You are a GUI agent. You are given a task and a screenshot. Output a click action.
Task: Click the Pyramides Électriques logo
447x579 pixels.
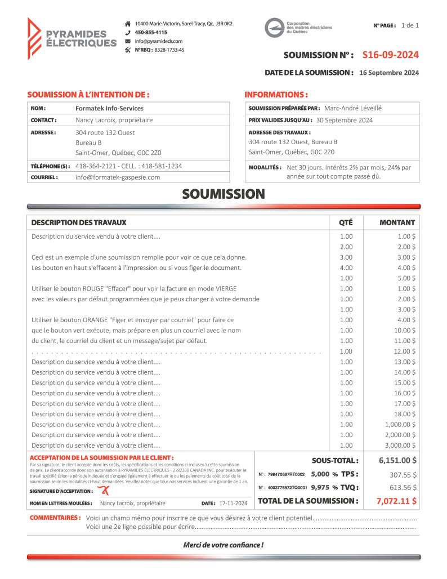coord(71,38)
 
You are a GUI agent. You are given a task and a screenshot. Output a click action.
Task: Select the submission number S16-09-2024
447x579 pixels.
coord(390,55)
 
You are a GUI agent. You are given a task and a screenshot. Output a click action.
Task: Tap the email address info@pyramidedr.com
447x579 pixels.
coord(158,41)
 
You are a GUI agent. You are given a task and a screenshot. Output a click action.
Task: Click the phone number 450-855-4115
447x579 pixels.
coord(150,33)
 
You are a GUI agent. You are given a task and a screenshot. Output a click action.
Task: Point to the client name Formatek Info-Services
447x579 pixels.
coord(109,108)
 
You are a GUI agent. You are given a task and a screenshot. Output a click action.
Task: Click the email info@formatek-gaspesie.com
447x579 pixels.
coord(118,177)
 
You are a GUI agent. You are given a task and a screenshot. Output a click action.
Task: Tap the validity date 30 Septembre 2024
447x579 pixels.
coord(344,120)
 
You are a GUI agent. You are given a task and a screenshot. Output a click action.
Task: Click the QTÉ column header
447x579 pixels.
coord(346,222)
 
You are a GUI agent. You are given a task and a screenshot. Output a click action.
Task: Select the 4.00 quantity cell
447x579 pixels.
coord(346,268)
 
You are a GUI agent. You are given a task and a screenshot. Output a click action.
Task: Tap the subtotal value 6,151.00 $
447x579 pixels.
coord(397,460)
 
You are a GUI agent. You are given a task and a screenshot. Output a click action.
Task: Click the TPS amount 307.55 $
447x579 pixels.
coord(403,474)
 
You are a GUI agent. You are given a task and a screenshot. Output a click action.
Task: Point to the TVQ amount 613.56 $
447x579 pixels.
coord(403,488)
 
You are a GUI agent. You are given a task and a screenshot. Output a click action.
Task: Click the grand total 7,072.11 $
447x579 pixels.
coord(396,501)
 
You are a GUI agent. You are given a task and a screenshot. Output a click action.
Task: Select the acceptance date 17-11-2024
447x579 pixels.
coord(233,503)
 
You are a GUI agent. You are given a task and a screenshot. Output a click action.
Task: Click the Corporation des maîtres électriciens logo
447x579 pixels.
coord(298,28)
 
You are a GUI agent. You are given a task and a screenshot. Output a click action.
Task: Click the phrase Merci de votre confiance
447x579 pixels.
coord(223,545)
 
